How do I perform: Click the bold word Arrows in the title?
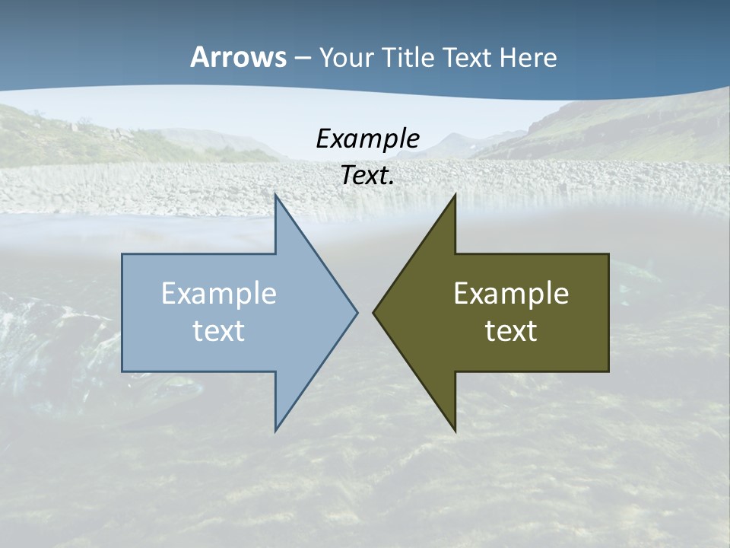pos(238,57)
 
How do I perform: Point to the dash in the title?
pos(302,58)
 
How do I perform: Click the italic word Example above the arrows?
pos(367,139)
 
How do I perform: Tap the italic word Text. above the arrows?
pos(368,176)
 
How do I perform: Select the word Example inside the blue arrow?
pos(219,293)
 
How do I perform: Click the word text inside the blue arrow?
pos(219,330)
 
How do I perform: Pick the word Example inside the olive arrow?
pos(511,293)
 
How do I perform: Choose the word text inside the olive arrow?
pos(511,330)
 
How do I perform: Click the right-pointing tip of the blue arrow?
pos(356,312)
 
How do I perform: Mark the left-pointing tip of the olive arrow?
pos(374,312)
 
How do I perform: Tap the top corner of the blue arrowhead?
pos(276,196)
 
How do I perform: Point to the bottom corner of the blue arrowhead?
pos(276,429)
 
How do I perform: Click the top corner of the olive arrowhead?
pos(455,196)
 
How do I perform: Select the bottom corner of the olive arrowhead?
pos(455,429)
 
